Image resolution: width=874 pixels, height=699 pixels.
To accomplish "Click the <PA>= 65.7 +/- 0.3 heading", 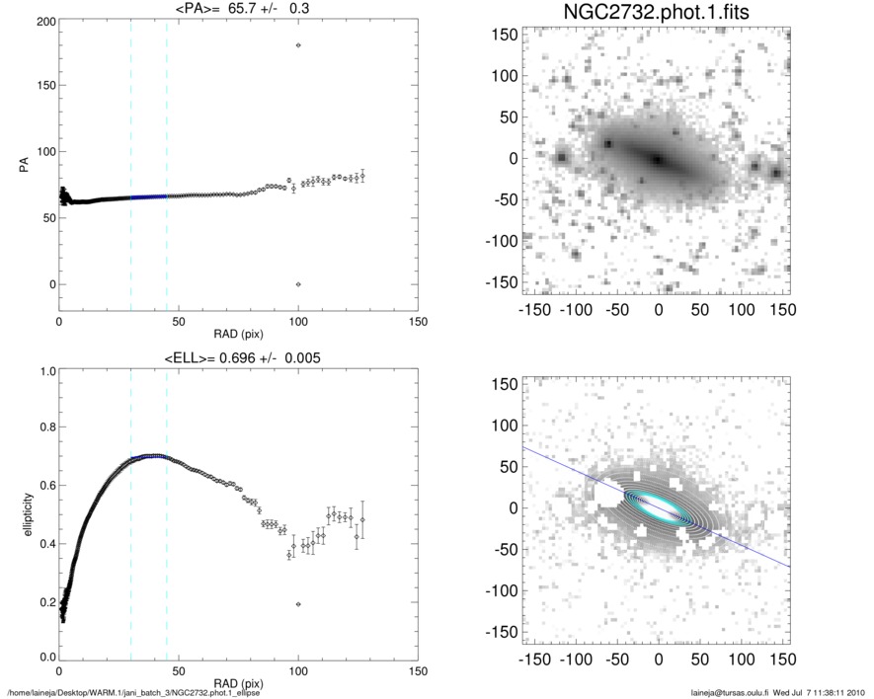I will point(237,10).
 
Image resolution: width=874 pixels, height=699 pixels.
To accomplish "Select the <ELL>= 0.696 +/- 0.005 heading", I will point(237,357).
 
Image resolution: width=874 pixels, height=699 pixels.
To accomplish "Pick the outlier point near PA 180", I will point(298,45).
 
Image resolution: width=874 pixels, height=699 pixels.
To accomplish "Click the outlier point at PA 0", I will point(298,284).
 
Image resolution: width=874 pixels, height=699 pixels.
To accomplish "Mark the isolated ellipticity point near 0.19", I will point(298,604).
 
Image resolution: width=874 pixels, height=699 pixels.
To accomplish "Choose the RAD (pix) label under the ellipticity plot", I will point(237,682).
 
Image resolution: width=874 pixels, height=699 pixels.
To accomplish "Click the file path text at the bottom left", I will point(133,693).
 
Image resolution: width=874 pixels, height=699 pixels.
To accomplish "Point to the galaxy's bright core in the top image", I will point(656,159).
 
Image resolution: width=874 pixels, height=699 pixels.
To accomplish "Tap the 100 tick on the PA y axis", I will point(43,152).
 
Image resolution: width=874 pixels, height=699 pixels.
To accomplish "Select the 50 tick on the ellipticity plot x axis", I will point(179,670).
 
